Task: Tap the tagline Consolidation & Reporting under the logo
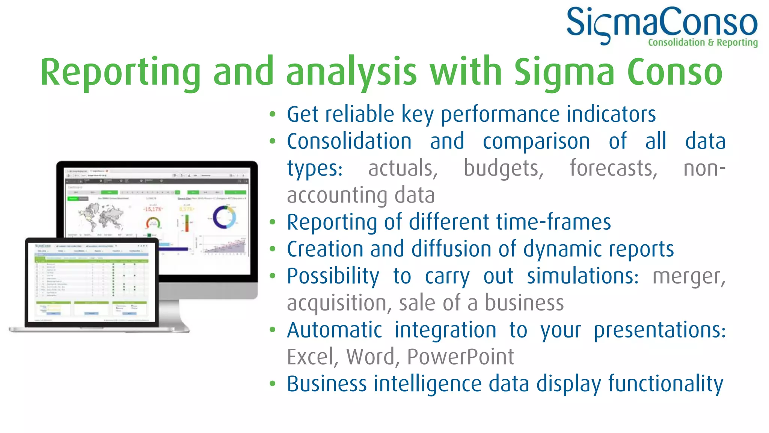(703, 42)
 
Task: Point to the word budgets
(503, 168)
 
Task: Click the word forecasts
(613, 168)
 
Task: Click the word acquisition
(336, 303)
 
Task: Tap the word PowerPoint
(460, 357)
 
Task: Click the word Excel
(310, 357)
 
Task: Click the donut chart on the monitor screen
(224, 217)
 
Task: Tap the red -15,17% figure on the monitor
(152, 209)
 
